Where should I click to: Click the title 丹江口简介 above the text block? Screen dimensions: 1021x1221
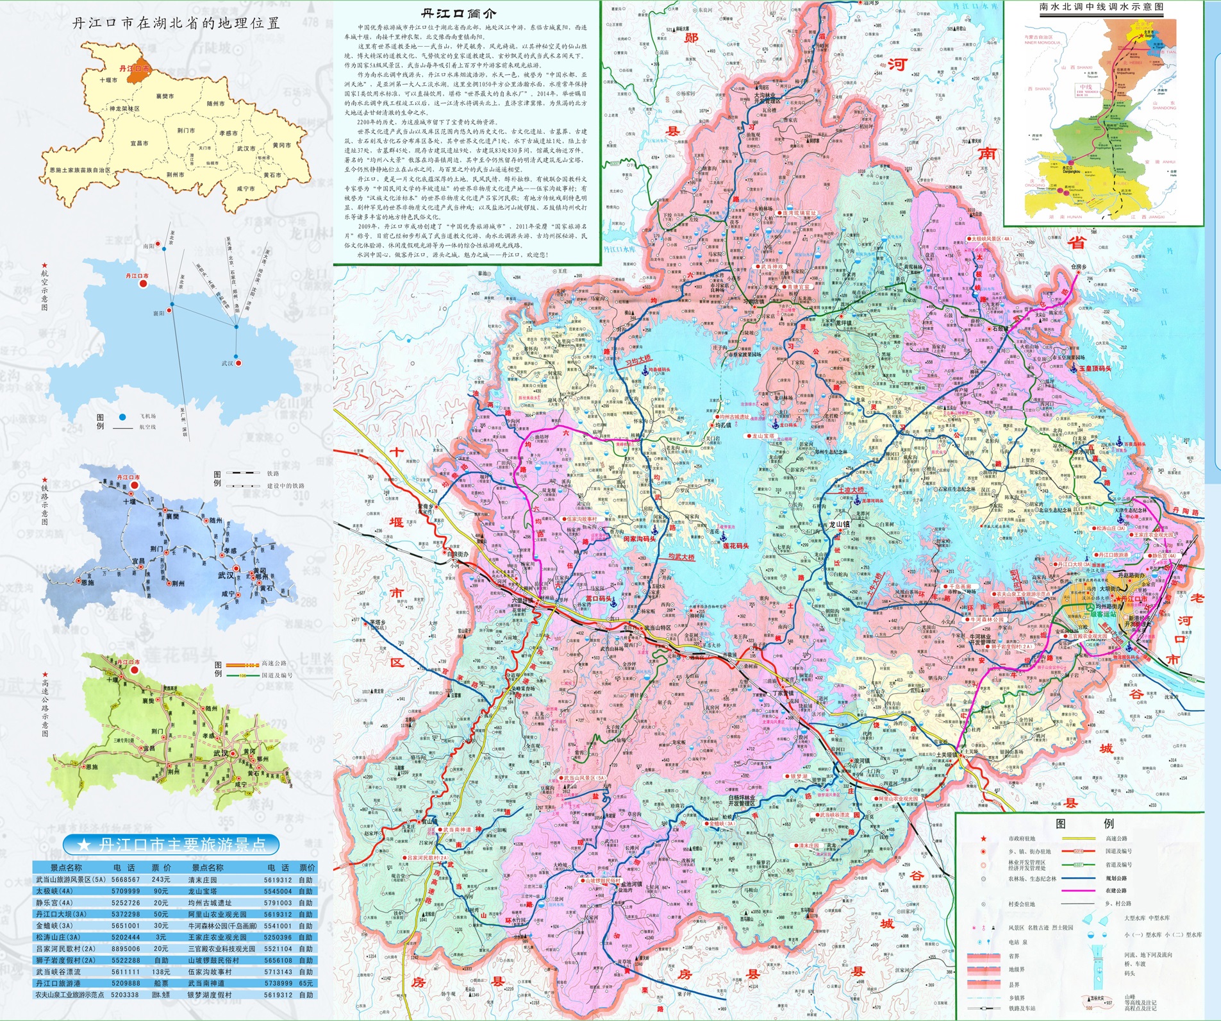(458, 13)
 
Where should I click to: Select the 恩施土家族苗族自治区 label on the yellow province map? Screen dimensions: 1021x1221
(80, 171)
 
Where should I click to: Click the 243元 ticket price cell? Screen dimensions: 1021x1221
(161, 880)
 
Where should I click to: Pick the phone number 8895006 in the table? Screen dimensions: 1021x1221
(125, 949)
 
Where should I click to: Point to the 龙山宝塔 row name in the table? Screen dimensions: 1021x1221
(204, 891)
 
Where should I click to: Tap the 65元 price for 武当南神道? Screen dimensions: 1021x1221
(306, 983)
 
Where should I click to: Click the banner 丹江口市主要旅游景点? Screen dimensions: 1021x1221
(172, 845)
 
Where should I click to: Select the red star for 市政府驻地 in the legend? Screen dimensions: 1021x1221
(983, 839)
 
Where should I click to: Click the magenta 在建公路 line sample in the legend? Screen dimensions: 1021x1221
(1077, 891)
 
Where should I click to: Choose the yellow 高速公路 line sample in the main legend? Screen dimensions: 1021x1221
(1077, 838)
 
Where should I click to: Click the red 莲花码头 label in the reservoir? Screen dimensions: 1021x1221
(736, 546)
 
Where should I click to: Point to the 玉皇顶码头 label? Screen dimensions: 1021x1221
(1095, 368)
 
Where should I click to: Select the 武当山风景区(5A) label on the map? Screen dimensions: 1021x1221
(584, 778)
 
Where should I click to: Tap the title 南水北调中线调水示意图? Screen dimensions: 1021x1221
(1101, 7)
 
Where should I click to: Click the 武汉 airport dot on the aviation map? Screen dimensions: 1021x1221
(238, 363)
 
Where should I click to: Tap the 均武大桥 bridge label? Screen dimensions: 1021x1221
(681, 557)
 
